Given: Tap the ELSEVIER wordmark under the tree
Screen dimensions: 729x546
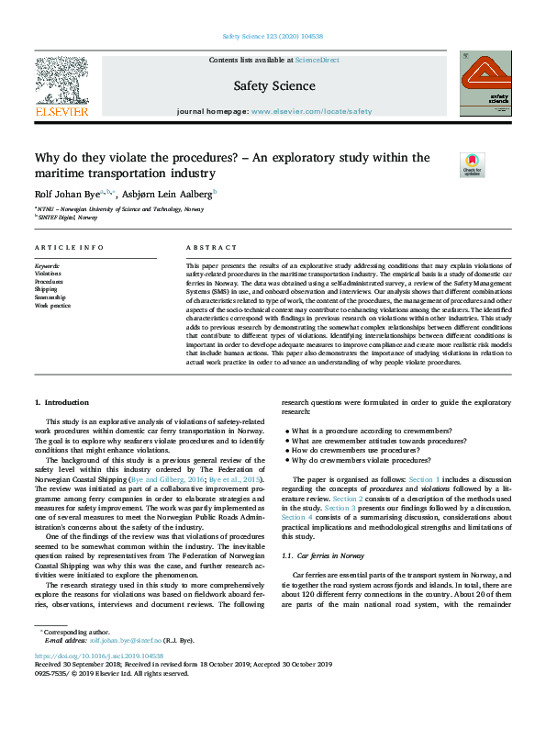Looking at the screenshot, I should coord(61,111).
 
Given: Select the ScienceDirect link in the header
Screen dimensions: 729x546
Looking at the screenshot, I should coord(317,60).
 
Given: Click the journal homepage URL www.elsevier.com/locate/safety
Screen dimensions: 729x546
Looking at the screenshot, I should coord(312,111).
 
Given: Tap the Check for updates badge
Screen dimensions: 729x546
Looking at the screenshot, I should coord(472,164).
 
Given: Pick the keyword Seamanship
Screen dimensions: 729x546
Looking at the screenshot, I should coord(50,297).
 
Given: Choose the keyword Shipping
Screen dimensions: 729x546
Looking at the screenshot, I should coord(46,289).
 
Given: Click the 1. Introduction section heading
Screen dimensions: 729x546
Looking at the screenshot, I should coord(61,402).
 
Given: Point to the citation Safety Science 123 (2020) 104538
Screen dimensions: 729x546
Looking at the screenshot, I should coord(273,37).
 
